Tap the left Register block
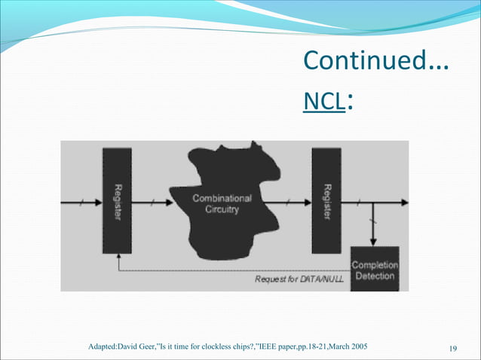tap(117, 201)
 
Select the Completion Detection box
tap(374, 270)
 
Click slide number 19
tap(453, 347)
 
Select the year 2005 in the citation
tap(366, 346)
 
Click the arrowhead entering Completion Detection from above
tap(373, 242)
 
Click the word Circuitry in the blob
tap(222, 209)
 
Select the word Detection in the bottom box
tap(374, 276)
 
